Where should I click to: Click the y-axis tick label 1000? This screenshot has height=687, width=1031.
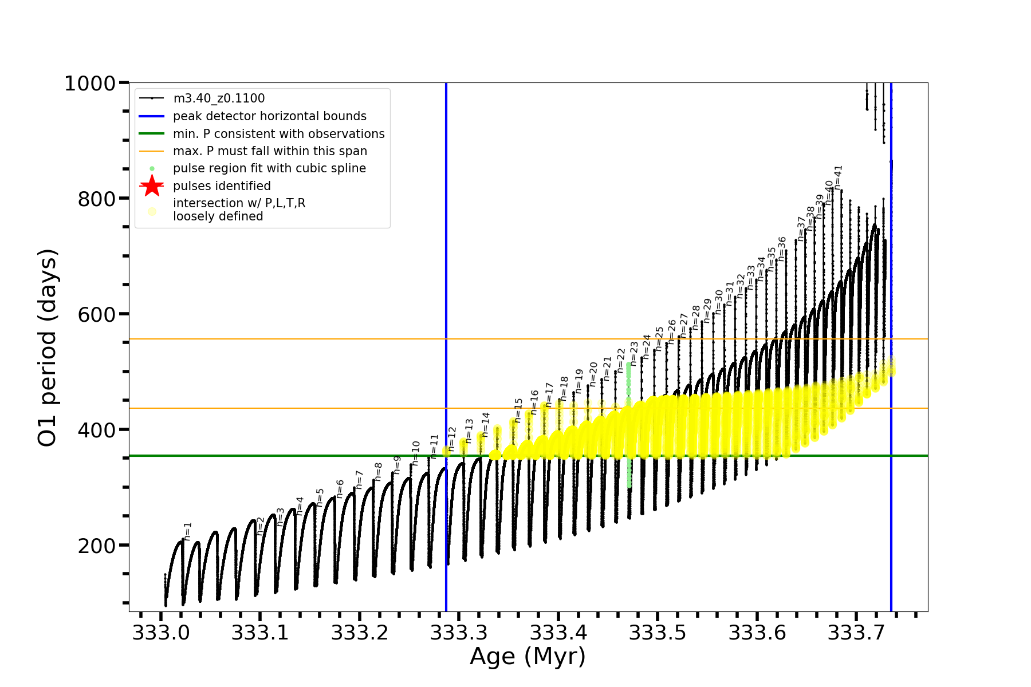pos(90,84)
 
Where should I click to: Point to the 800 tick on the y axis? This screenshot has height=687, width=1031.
pos(97,199)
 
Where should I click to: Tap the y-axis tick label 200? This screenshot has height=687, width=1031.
pos(97,546)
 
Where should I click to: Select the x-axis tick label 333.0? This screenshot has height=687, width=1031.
pos(161,633)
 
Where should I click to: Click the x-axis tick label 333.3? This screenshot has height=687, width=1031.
pos(459,633)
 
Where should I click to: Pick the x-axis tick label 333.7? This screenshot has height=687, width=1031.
pos(856,633)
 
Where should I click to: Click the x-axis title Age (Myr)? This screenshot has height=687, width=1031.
pos(528,657)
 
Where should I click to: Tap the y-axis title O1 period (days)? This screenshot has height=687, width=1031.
pos(47,348)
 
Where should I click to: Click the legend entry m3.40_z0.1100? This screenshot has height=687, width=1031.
pos(219,98)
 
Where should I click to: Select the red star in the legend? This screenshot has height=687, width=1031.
pos(152,186)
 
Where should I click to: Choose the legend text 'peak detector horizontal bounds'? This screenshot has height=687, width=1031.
pos(269,116)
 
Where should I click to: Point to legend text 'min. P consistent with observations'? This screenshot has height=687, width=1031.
pos(278,134)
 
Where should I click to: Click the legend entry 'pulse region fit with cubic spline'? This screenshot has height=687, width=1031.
pos(269,168)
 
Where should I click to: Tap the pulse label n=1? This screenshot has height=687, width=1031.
pos(187,531)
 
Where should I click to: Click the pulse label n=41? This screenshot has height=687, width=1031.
pos(838,177)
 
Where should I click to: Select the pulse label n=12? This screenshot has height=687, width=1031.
pos(452,439)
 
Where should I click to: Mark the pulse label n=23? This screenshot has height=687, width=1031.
pos(633,353)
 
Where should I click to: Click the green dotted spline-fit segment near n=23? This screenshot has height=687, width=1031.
pos(629,424)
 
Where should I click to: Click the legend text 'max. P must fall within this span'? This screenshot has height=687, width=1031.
pos(270,151)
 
